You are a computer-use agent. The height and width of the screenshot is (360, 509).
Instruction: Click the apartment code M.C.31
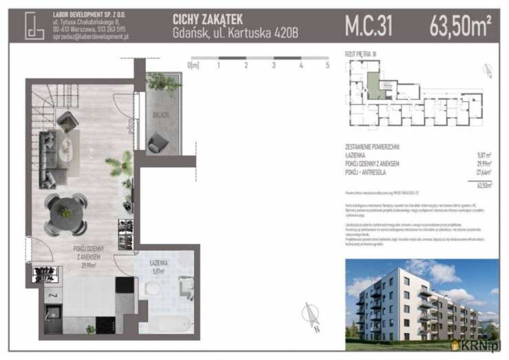coord(368,26)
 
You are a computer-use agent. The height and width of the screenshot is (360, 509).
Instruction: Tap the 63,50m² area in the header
coord(460,26)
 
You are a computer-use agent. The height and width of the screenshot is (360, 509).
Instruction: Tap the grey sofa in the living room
coord(48,158)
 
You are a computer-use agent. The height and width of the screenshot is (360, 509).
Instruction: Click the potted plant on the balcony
coord(163,83)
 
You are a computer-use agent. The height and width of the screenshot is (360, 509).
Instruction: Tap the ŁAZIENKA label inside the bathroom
coord(163,263)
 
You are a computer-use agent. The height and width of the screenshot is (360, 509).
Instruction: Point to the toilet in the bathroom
coord(152,288)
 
